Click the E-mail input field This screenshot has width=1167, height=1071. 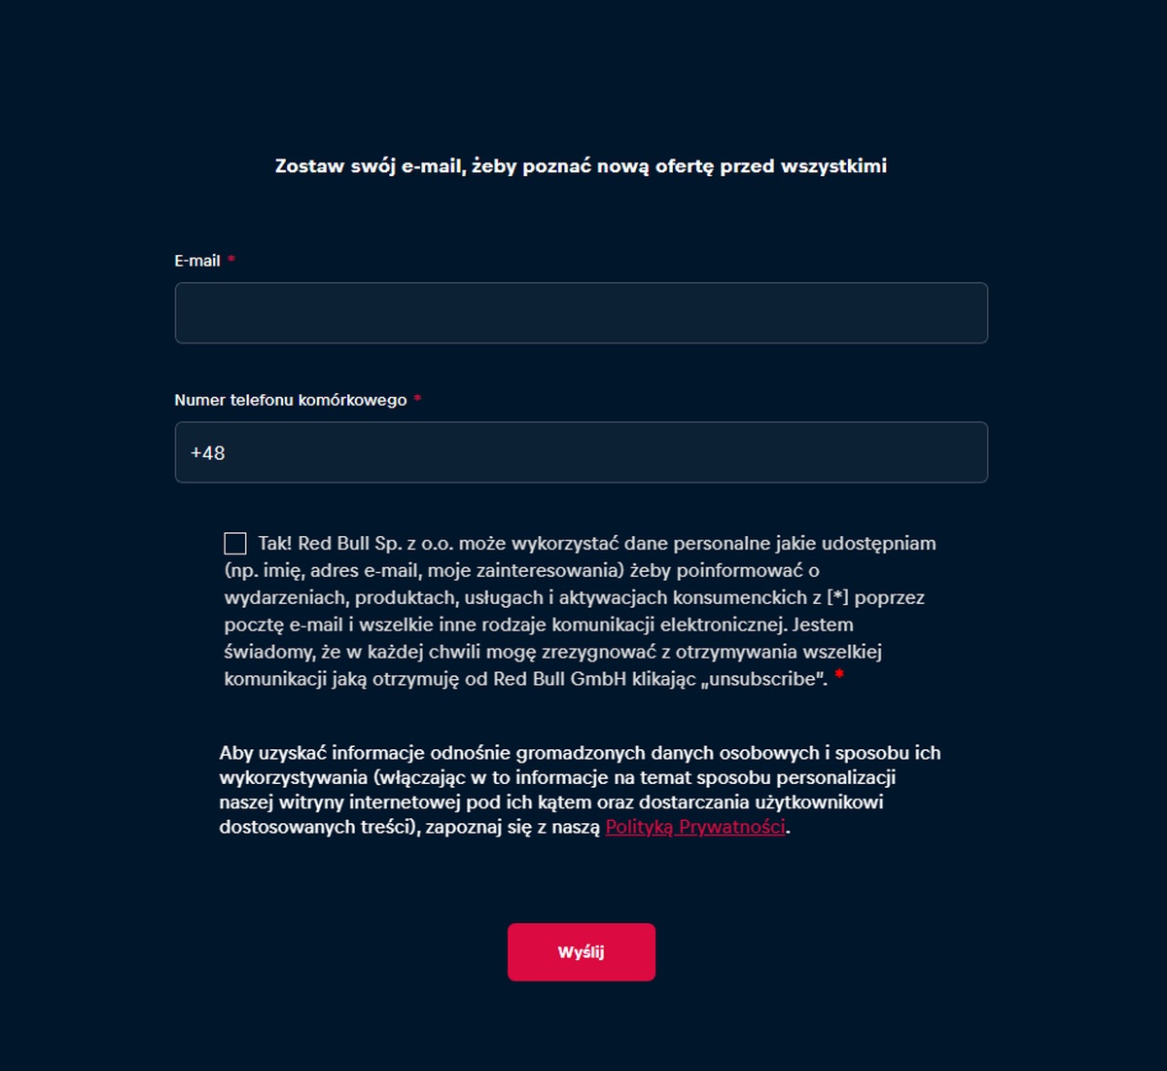pyautogui.click(x=581, y=313)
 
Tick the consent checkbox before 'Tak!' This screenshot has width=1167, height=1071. pyautogui.click(x=235, y=544)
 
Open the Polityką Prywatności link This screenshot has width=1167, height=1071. pyautogui.click(x=695, y=827)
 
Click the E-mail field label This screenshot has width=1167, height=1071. pyautogui.click(x=197, y=261)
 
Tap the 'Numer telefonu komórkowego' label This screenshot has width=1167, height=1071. pyautogui.click(x=290, y=400)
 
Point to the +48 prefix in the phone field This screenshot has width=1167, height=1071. pyautogui.click(x=208, y=453)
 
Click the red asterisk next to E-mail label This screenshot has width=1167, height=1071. pyautogui.click(x=231, y=260)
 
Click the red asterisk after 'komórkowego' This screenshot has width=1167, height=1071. pyautogui.click(x=417, y=399)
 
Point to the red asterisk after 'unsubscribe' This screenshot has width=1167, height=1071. pyautogui.click(x=838, y=675)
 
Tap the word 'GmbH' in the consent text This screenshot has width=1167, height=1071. pyautogui.click(x=598, y=679)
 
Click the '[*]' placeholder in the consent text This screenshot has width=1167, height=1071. pyautogui.click(x=837, y=597)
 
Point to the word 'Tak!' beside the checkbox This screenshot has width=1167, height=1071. pyautogui.click(x=275, y=544)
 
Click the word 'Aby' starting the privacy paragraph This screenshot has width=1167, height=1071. pyautogui.click(x=236, y=753)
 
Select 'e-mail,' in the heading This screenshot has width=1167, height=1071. pyautogui.click(x=434, y=166)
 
